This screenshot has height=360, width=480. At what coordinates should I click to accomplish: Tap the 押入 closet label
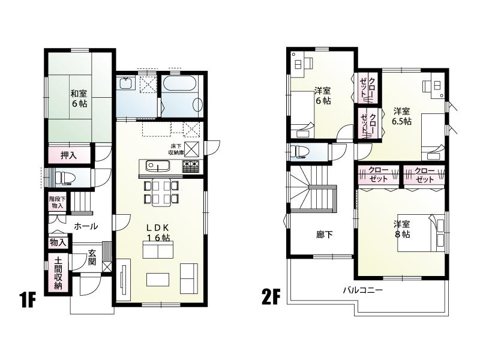pyautogui.click(x=68, y=155)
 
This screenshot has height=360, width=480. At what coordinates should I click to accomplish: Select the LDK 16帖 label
pyautogui.click(x=159, y=233)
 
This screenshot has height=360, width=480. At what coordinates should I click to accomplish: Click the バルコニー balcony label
pyautogui.click(x=363, y=290)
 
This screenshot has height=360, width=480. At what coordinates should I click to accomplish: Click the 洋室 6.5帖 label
pyautogui.click(x=402, y=116)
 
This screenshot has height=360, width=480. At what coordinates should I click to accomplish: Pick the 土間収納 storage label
pyautogui.click(x=58, y=273)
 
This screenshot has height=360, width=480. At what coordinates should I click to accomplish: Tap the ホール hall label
pyautogui.click(x=86, y=226)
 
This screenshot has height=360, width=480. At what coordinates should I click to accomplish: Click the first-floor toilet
pyautogui.click(x=65, y=177)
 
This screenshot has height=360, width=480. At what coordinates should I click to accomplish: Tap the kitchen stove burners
pyautogui.click(x=191, y=165)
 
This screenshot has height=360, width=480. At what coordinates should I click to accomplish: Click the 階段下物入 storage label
pyautogui.click(x=57, y=202)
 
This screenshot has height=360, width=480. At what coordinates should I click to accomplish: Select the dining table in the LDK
pyautogui.click(x=160, y=191)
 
